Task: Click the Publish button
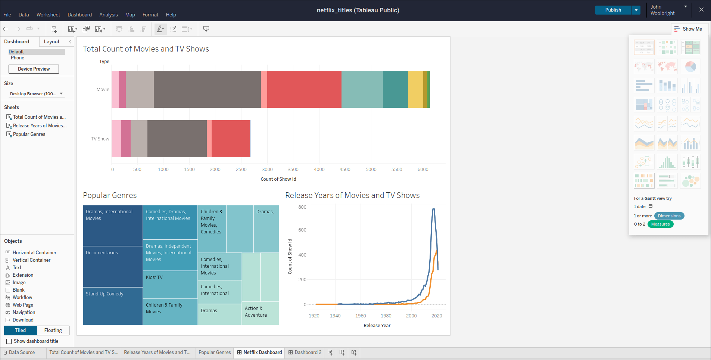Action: coord(613,10)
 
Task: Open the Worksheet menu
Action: coord(48,15)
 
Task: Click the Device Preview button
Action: coord(34,69)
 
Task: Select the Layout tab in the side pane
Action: coord(52,41)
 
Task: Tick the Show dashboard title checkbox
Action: coord(9,341)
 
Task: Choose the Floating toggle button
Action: coord(53,330)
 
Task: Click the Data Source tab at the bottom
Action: coord(22,353)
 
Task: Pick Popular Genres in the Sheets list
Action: coord(29,134)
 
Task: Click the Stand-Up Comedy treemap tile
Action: coord(113,306)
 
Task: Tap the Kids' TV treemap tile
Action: coord(170,284)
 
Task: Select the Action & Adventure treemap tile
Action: coord(260,313)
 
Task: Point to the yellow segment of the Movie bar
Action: coord(415,89)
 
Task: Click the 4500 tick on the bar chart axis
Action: coord(345,170)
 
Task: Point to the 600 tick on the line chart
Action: coord(302,230)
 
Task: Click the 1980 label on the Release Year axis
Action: coord(386,316)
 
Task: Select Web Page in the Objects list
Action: coord(23,305)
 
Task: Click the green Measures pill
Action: coord(660,224)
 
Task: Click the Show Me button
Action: coord(688,29)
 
